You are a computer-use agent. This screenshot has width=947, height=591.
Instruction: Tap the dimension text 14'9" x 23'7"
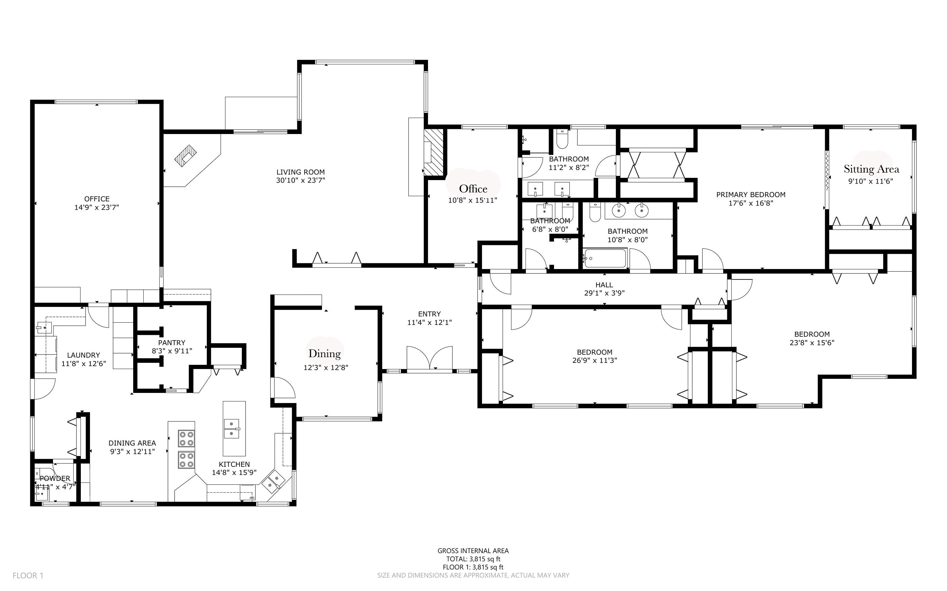click(x=97, y=208)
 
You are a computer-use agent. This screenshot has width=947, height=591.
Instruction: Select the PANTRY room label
click(x=172, y=343)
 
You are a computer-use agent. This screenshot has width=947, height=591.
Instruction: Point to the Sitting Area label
click(x=871, y=169)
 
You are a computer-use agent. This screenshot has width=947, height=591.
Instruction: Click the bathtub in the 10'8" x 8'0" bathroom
click(x=604, y=258)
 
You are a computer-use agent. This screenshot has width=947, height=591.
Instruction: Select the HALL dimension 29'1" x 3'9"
click(x=604, y=293)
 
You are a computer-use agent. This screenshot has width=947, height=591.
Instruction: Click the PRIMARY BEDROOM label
click(x=750, y=195)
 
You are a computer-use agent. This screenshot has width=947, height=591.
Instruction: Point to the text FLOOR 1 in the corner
click(x=28, y=575)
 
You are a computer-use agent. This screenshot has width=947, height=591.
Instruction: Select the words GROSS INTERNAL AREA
click(x=473, y=551)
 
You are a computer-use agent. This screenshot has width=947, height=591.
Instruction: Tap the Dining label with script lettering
click(x=324, y=354)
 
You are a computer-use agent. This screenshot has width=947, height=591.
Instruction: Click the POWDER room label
click(x=55, y=478)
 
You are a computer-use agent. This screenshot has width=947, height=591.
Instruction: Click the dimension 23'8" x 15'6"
click(x=812, y=343)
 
